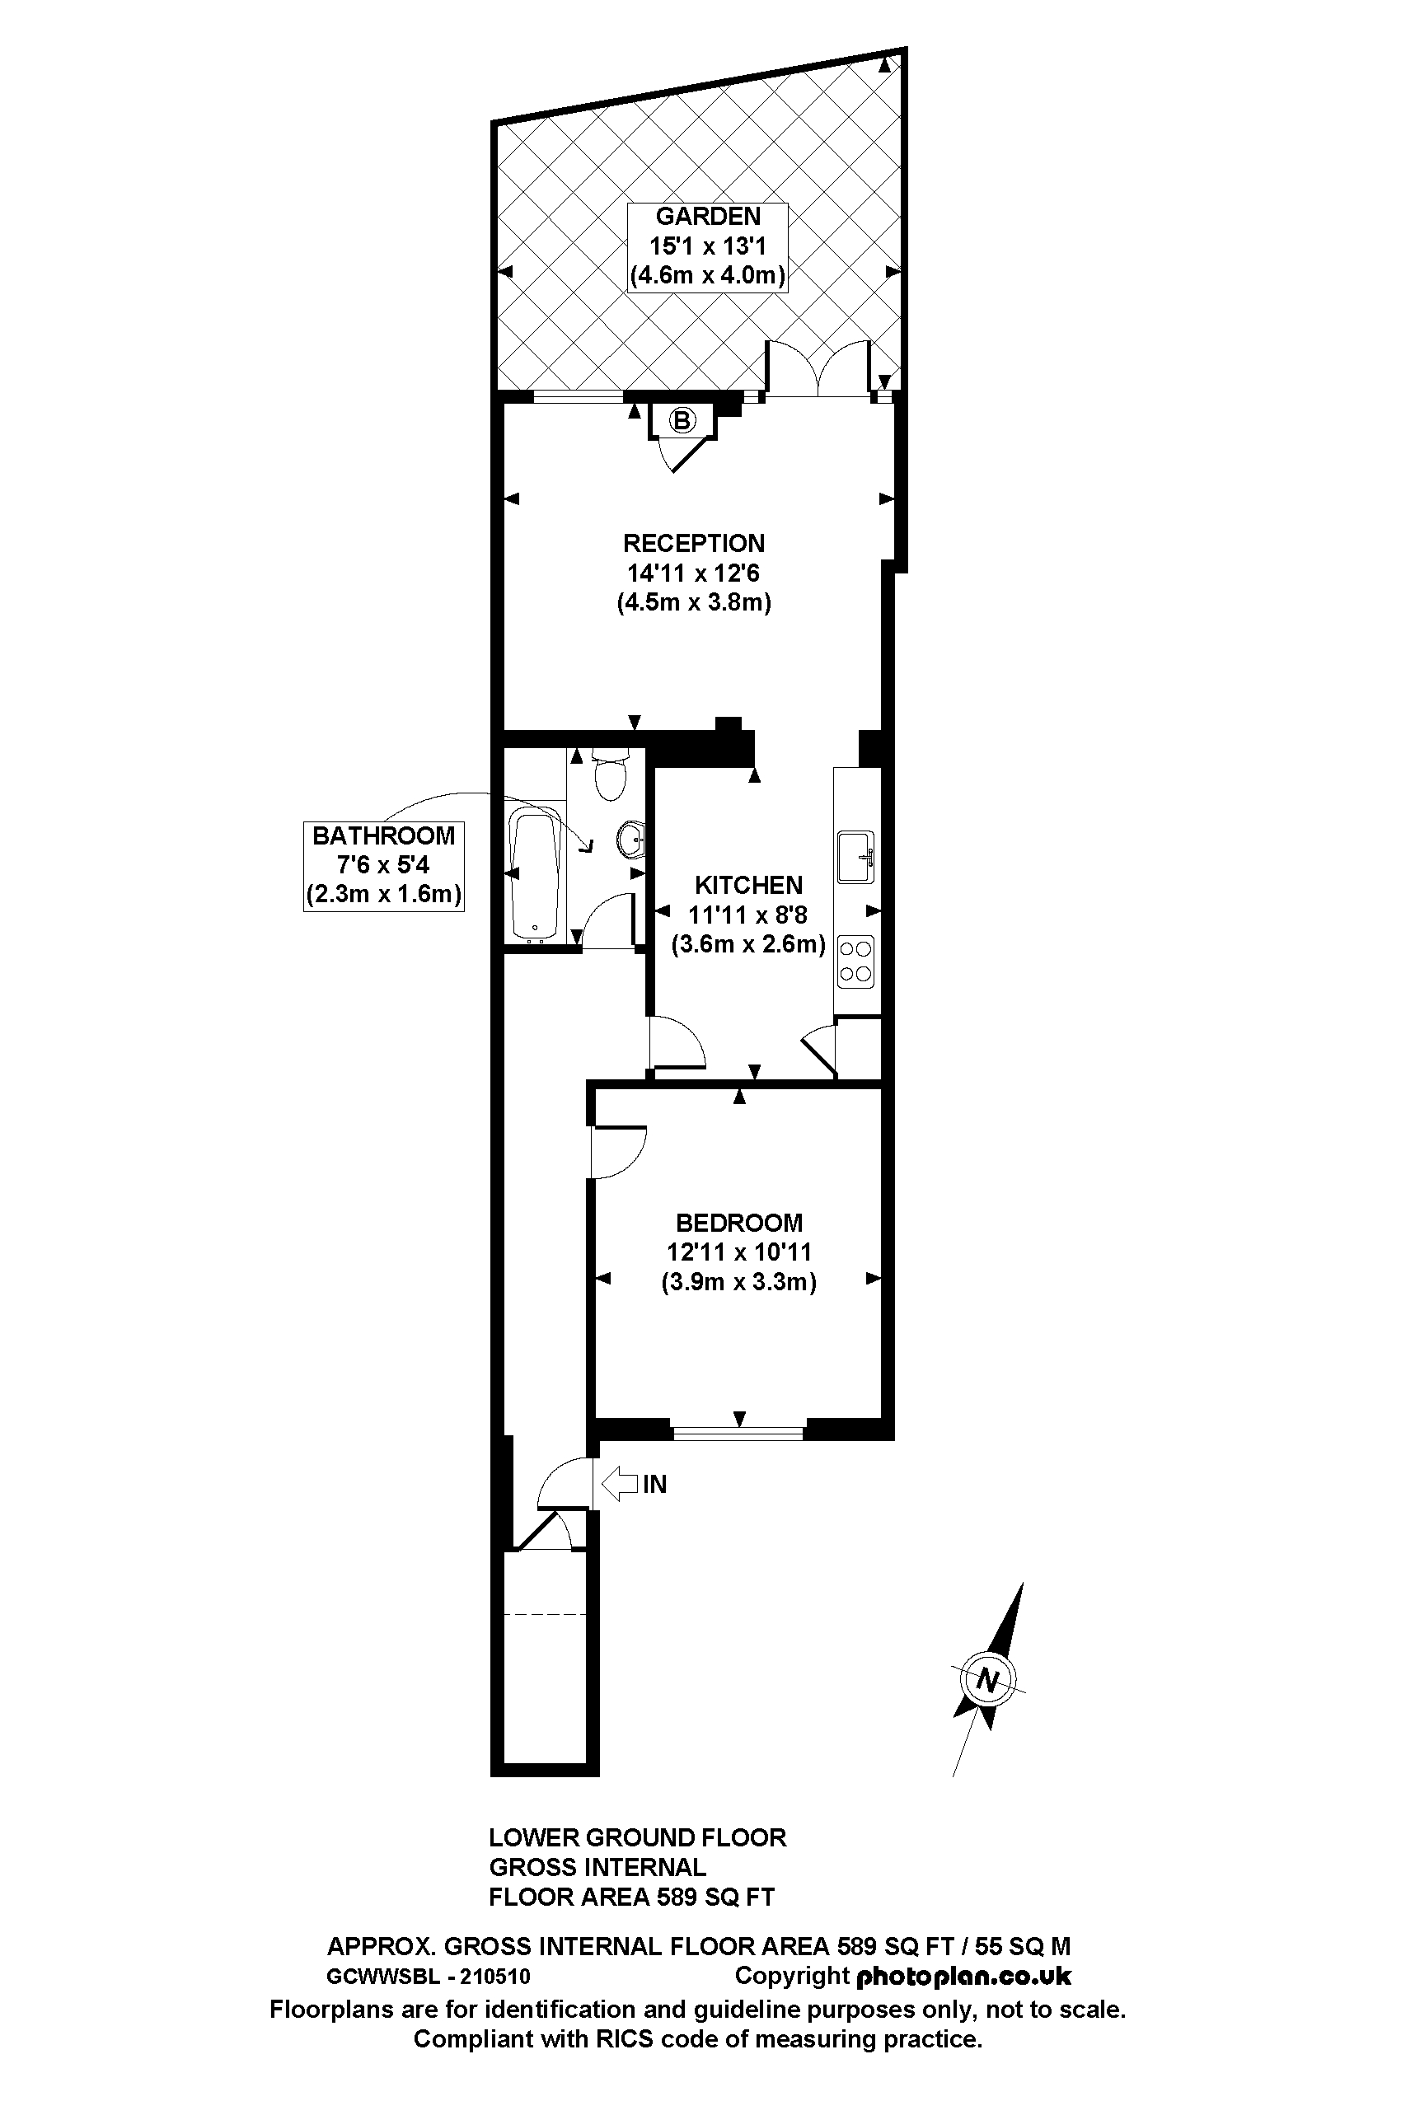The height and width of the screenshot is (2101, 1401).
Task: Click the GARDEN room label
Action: click(x=708, y=216)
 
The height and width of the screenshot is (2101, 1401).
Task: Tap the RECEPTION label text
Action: click(x=693, y=543)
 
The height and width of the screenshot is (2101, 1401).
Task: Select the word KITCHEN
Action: click(x=749, y=885)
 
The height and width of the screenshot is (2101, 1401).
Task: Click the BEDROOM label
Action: click(x=739, y=1223)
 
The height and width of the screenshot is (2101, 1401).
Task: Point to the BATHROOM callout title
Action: click(x=383, y=836)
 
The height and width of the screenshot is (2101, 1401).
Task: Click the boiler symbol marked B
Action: click(x=682, y=420)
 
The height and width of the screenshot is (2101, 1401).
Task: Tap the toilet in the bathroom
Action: click(x=611, y=775)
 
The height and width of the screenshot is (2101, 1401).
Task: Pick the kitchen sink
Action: click(x=855, y=857)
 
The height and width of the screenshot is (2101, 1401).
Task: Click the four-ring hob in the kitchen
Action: click(x=855, y=962)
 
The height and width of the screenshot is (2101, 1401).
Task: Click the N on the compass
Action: click(x=986, y=1680)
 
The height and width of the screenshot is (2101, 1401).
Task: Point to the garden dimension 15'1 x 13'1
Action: click(x=708, y=246)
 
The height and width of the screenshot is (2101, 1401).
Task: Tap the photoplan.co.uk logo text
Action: click(x=963, y=1976)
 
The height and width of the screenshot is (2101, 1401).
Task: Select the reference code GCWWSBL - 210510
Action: click(x=428, y=1977)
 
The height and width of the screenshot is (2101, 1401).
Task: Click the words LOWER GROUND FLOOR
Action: click(x=637, y=1837)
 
